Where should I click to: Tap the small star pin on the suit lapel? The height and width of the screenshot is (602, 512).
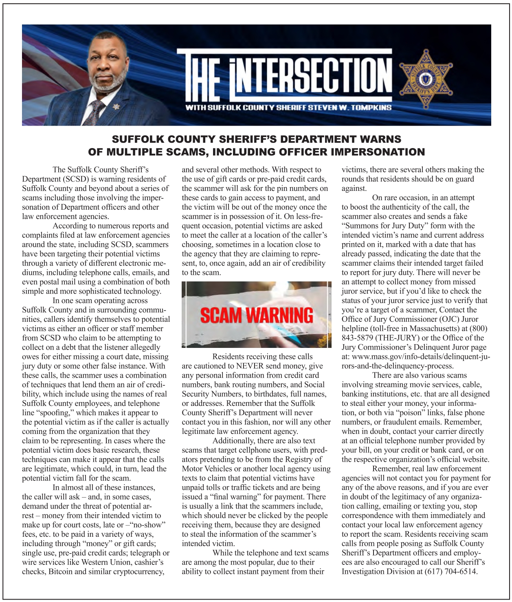[x=116, y=107]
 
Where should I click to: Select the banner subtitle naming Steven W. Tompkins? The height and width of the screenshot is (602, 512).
[x=288, y=108]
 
